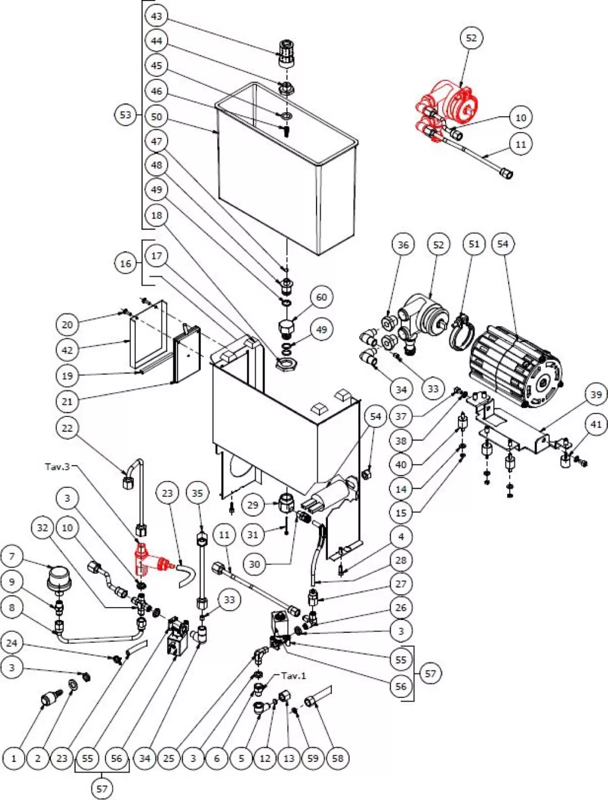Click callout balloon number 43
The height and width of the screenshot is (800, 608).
tap(156, 16)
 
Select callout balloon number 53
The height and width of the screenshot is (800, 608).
tap(125, 114)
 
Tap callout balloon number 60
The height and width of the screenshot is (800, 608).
tap(321, 297)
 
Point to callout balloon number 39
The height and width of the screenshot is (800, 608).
tap(595, 394)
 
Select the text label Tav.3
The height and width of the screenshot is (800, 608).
tap(57, 466)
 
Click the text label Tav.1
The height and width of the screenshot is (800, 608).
tap(293, 675)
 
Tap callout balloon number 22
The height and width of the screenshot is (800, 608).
tap(67, 428)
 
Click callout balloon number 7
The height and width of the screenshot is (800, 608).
tap(12, 555)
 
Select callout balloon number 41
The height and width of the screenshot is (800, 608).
tap(595, 424)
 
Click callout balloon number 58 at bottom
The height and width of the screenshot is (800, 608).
tap(337, 758)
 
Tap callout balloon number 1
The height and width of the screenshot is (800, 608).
tap(13, 758)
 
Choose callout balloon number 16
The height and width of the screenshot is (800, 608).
tap(125, 263)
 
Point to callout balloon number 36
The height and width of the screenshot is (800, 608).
tap(403, 244)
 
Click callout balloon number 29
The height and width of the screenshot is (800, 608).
tap(253, 504)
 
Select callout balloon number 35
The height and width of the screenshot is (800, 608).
tap(197, 493)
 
